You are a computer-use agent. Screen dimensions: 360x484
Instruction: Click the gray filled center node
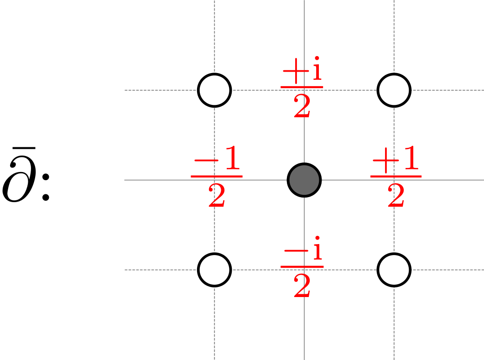[x=304, y=180]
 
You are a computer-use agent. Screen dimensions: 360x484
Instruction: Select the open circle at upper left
[x=214, y=90]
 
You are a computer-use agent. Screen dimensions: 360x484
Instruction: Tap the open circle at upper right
[x=394, y=90]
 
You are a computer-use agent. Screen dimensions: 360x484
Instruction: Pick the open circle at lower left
[x=214, y=270]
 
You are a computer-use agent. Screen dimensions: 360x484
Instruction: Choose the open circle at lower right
[x=394, y=270]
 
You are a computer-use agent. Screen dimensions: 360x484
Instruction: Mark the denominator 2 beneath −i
[x=302, y=287]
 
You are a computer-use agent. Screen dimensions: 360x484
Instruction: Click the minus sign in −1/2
[x=204, y=163]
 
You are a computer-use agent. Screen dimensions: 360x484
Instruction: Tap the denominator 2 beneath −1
[x=217, y=197]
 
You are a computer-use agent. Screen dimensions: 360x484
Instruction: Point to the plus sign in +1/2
[x=383, y=163]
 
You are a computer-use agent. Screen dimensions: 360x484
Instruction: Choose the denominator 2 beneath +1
[x=396, y=197]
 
